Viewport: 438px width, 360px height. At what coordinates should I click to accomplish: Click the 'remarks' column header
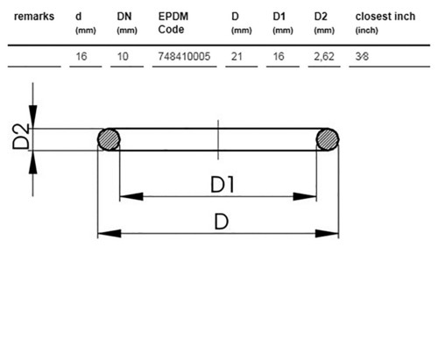pos(34,17)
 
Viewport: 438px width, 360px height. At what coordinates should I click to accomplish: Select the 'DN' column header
pos(124,17)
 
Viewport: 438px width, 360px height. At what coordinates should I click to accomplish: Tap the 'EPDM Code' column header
pos(173,23)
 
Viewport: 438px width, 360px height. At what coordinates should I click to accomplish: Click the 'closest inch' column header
pos(385,17)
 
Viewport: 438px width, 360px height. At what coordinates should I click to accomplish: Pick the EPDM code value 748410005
pos(184,56)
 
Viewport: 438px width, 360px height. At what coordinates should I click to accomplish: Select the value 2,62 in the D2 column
pos(324,57)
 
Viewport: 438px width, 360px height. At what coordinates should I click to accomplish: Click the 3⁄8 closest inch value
pos(362,56)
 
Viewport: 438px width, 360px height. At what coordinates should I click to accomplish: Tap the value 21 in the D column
pos(237,56)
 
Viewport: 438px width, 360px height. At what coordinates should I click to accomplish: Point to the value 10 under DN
pos(123,56)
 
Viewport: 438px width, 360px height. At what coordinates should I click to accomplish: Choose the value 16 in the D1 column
pos(279,56)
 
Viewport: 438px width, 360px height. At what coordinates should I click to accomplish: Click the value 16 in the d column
pos(81,56)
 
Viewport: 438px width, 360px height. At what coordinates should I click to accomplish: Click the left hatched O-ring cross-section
pos(109,139)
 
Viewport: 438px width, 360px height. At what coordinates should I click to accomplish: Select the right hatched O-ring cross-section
pos(328,139)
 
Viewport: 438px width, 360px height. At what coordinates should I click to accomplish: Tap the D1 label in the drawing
pos(223,185)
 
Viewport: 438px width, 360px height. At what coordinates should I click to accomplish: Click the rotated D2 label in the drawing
pos(21,137)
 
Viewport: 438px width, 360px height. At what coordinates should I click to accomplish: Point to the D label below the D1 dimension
pos(222,222)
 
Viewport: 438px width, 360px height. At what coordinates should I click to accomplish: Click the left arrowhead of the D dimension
pos(109,234)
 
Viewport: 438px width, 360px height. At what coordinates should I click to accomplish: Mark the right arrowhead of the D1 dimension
pos(305,196)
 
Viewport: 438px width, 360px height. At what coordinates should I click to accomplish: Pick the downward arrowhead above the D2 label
pos(32,116)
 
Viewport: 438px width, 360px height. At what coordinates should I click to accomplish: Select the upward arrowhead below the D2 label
pos(32,162)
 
